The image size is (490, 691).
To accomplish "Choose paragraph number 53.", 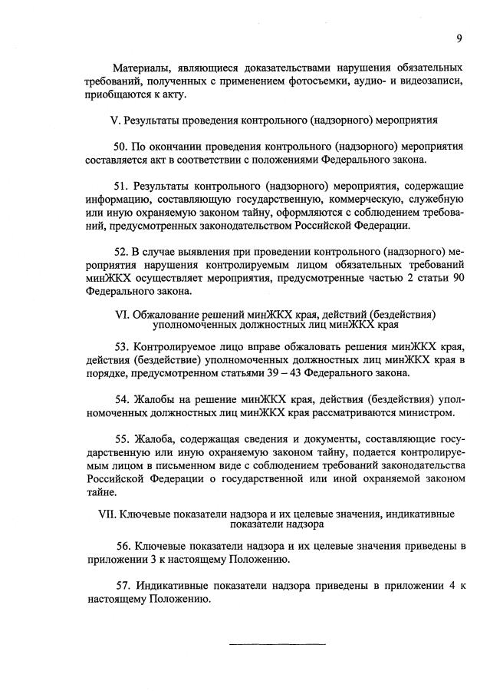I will pyautogui.click(x=121, y=347).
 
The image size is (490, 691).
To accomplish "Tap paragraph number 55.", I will pyautogui.click(x=121, y=438).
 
